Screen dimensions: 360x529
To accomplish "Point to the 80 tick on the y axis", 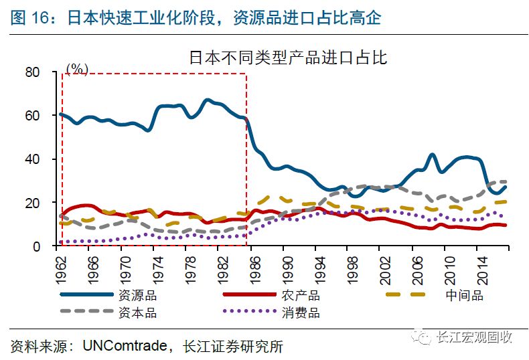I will pyautogui.click(x=33, y=72).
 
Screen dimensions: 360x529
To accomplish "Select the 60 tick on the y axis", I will pyautogui.click(x=33, y=115).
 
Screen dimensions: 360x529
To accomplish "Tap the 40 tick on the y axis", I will pyautogui.click(x=33, y=159).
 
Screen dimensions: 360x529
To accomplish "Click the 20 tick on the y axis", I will pyautogui.click(x=33, y=203).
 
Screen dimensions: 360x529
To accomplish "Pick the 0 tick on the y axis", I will pyautogui.click(x=37, y=246).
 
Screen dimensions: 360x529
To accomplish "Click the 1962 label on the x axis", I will pyautogui.click(x=61, y=264).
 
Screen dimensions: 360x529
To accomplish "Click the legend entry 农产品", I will pyautogui.click(x=300, y=295).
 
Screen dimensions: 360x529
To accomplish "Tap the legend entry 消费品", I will pyautogui.click(x=300, y=312).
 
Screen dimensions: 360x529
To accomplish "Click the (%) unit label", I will pyautogui.click(x=77, y=69).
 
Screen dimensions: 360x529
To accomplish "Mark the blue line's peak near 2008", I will pyautogui.click(x=433, y=155).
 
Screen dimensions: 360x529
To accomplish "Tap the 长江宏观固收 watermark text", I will pyautogui.click(x=473, y=338).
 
